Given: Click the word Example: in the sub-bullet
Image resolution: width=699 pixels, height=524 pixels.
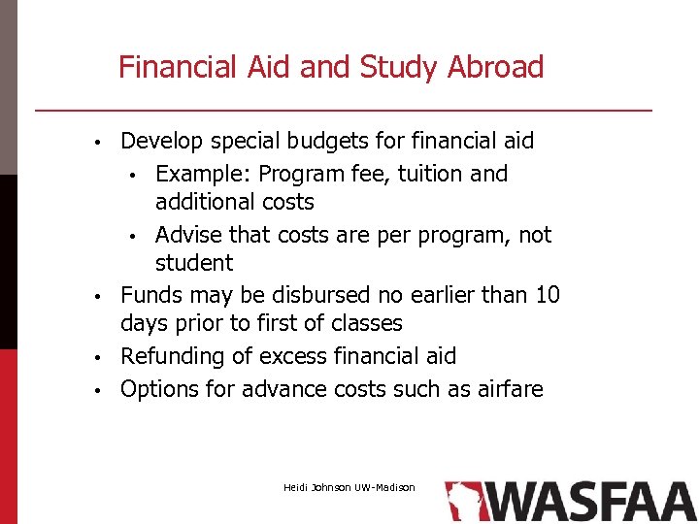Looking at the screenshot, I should pos(203,174).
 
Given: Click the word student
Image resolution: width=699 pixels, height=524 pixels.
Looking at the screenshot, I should pos(194,263).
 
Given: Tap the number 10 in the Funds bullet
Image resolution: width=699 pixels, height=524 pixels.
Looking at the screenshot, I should pos(548,295).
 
